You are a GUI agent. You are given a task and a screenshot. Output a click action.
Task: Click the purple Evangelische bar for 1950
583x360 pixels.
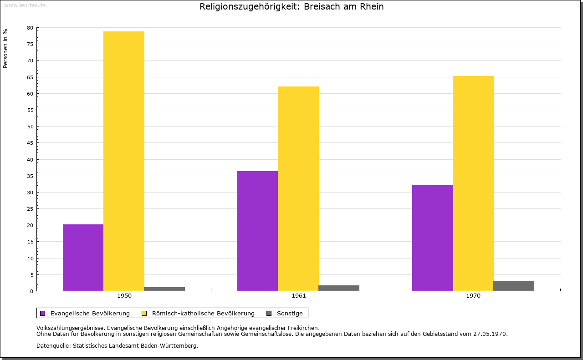tap(83, 258)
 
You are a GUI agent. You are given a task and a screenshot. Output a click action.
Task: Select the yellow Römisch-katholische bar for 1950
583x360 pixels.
tap(124, 161)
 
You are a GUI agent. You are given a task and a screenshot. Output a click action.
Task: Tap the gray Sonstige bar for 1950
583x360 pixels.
tap(164, 289)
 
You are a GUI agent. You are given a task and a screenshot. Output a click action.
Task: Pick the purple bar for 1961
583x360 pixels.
tap(257, 231)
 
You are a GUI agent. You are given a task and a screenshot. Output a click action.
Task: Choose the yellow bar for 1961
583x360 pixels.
tap(298, 188)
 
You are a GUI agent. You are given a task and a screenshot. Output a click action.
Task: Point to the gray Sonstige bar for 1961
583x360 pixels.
tap(339, 288)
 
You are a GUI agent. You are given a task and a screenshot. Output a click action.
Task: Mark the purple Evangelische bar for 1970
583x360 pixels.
tap(432, 238)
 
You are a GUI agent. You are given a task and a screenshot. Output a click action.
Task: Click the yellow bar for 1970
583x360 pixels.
tap(473, 183)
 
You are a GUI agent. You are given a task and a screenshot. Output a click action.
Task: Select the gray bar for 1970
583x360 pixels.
tap(514, 286)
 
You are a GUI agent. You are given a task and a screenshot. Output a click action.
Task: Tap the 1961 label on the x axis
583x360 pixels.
tap(299, 296)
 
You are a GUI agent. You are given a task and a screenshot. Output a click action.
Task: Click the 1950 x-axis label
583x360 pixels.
tap(124, 296)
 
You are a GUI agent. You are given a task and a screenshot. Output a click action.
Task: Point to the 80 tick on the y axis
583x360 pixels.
tap(30, 28)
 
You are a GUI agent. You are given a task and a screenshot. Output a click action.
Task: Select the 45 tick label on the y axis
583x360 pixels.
tap(30, 143)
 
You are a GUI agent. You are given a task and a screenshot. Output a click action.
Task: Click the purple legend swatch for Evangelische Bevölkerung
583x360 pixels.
tap(43, 313)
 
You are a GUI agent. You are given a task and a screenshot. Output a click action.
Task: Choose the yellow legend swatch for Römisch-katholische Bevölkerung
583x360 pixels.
tap(144, 313)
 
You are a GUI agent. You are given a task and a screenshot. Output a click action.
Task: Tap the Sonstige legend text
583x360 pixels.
tap(290, 313)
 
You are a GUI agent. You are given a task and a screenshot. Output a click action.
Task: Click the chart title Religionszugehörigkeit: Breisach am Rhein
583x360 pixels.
tap(291, 7)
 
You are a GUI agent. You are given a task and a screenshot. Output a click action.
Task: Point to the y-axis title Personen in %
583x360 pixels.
tap(5, 48)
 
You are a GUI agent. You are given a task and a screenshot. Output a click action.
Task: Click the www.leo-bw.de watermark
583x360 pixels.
tap(24, 5)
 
